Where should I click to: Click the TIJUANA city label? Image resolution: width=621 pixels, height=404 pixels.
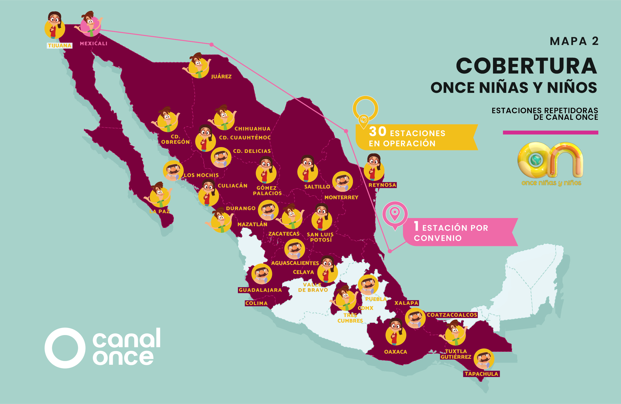click(x=60, y=46)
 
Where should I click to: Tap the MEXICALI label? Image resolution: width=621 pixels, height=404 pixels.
click(x=93, y=44)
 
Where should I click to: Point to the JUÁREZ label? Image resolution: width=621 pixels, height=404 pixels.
click(x=221, y=77)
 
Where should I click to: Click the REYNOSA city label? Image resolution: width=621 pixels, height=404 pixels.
click(x=382, y=185)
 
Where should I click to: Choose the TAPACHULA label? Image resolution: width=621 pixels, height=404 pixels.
click(x=481, y=374)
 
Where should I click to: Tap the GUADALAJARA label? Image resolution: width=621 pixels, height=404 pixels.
click(x=260, y=290)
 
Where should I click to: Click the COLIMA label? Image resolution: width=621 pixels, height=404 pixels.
click(x=256, y=303)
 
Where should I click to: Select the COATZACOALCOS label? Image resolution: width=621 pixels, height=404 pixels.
click(x=452, y=315)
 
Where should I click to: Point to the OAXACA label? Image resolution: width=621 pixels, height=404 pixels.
click(x=396, y=352)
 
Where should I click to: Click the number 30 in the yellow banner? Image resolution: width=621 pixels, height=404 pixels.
click(x=377, y=132)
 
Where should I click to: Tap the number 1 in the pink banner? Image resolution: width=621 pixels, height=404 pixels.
click(x=416, y=226)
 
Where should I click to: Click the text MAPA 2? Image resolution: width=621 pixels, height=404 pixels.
click(x=574, y=41)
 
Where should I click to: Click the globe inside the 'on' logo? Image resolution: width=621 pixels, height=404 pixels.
click(x=536, y=160)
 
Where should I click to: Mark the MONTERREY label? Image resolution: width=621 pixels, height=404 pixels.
click(x=341, y=198)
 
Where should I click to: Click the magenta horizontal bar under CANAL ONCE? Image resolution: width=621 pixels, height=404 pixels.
click(x=550, y=132)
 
